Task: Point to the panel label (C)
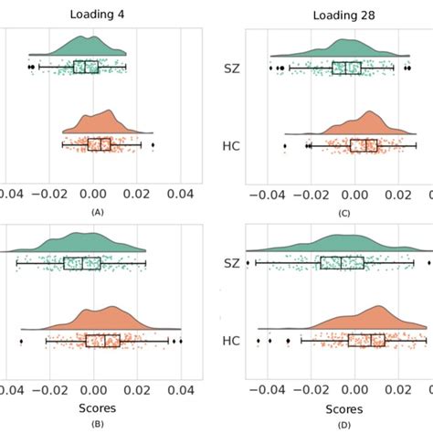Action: coord(343,211)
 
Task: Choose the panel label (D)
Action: coord(343,424)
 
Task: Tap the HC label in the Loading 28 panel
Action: coord(232,145)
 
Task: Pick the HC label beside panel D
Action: coord(232,340)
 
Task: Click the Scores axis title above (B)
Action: coord(96,407)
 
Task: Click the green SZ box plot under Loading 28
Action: coord(346,68)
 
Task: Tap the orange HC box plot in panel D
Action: coord(366,340)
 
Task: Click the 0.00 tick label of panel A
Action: coord(94,194)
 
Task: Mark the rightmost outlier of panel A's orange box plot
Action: coord(153,145)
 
